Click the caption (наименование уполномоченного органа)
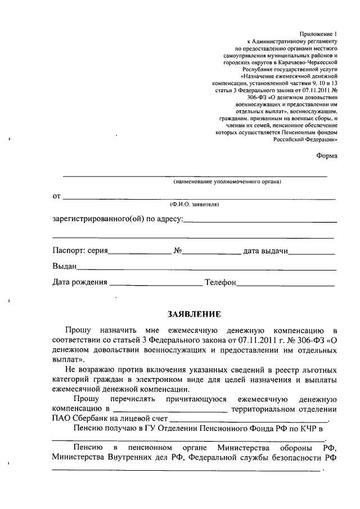(x=227, y=182)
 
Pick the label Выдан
(x=64, y=265)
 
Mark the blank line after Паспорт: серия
(x=139, y=254)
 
